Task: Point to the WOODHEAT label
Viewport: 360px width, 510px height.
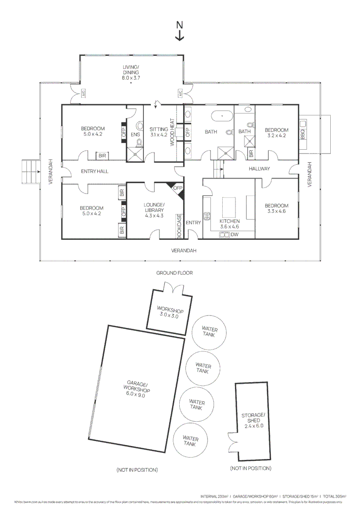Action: [x=173, y=133]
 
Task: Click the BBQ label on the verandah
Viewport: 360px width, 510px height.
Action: [x=302, y=134]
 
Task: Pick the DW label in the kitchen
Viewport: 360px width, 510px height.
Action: [x=234, y=235]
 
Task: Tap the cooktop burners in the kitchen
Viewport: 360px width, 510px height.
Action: [x=207, y=218]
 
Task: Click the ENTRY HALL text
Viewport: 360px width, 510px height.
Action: [x=94, y=171]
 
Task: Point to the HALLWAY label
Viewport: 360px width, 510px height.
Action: [x=259, y=168]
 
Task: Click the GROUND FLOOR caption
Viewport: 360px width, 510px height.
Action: [x=175, y=273]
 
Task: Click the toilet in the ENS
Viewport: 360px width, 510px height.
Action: [x=139, y=126]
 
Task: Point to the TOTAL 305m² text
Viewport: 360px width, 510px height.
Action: [x=335, y=496]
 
